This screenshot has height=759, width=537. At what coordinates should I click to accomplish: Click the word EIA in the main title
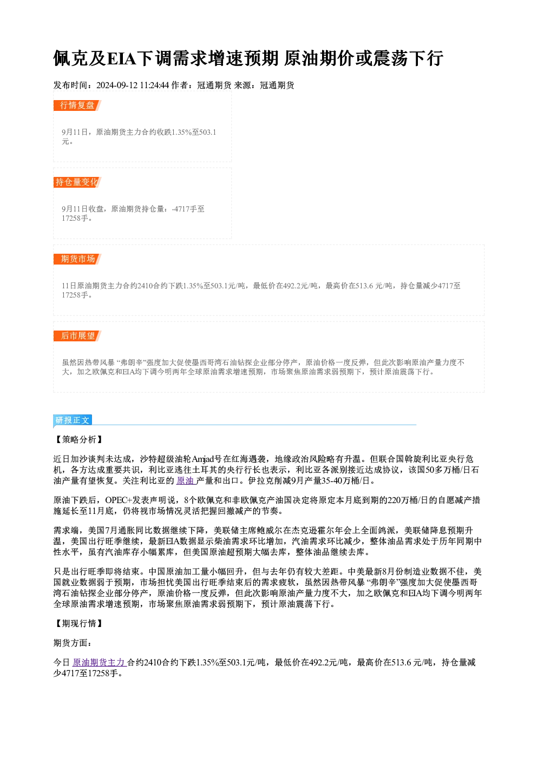(x=122, y=58)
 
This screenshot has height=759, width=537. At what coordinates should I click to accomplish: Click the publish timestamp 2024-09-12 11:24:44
(x=133, y=85)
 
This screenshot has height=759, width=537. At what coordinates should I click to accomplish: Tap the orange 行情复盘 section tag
(x=77, y=105)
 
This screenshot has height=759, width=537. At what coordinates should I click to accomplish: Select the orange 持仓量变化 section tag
(x=77, y=182)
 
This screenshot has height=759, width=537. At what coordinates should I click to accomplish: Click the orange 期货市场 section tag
(x=77, y=259)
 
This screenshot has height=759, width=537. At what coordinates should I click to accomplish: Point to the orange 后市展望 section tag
(x=77, y=336)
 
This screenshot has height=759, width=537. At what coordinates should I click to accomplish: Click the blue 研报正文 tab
(x=73, y=420)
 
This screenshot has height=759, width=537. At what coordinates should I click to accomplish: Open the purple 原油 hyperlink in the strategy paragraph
(x=186, y=481)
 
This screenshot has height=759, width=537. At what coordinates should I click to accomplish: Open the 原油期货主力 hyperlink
(x=99, y=662)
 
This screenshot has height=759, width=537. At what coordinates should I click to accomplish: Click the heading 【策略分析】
(x=79, y=440)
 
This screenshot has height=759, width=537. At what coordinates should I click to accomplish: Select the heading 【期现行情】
(x=79, y=623)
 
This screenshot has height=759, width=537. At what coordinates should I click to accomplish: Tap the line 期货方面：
(x=73, y=643)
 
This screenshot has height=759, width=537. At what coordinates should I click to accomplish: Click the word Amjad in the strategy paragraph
(x=203, y=459)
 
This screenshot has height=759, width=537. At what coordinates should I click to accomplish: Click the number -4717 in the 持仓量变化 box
(x=181, y=209)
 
